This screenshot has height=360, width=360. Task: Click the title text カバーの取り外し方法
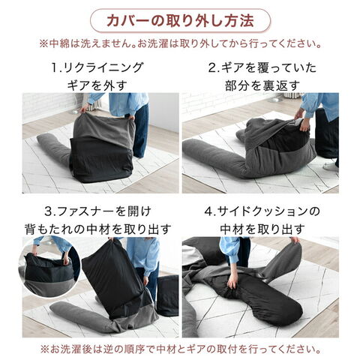180,21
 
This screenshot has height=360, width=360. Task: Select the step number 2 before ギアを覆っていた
212,68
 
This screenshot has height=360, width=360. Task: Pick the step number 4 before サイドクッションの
208,211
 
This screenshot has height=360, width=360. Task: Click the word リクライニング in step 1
103,68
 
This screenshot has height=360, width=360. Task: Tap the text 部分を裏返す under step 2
262,85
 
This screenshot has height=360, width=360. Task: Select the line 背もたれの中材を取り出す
98,229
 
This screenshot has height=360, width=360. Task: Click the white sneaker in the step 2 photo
331,166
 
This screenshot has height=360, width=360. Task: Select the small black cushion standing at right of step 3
167,295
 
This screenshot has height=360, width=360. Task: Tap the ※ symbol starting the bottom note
44,349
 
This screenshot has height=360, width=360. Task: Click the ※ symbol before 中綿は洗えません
44,44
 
